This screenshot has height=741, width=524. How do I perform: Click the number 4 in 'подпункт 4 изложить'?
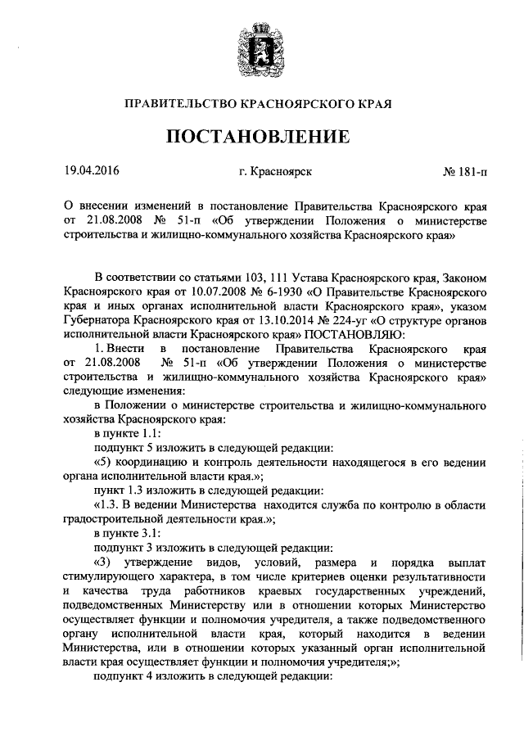pyautogui.click(x=151, y=680)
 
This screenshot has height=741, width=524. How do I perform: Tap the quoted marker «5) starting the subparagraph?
pyautogui.click(x=102, y=463)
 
